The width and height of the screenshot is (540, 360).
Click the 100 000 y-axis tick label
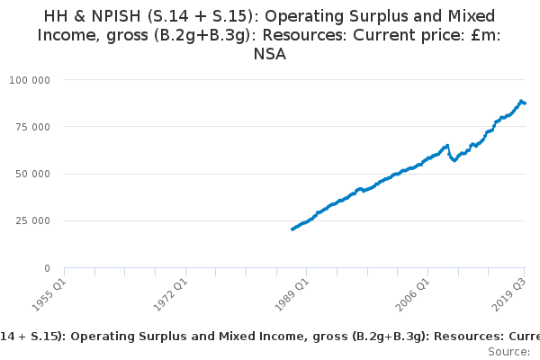coord(30,80)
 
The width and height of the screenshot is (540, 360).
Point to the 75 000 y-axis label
coord(32,127)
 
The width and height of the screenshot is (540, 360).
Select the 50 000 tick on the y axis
coord(32,174)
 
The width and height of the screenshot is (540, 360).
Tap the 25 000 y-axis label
coord(32,220)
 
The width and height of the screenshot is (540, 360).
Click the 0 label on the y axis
coord(47,268)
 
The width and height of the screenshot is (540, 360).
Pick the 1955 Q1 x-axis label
coord(49,294)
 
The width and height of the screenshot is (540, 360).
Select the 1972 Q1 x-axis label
coord(170,294)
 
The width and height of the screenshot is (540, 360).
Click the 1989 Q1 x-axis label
coord(292,294)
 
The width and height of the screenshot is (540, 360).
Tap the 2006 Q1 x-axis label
coord(413,294)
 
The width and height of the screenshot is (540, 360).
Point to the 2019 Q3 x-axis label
coord(509,294)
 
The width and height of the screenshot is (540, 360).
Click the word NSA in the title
coord(270,54)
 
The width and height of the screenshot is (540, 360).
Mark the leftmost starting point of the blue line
coord(292,229)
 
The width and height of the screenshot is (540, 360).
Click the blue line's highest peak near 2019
coord(521,101)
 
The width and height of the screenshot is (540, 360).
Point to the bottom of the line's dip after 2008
coord(454,160)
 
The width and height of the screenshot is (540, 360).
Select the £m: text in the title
coord(486,35)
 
